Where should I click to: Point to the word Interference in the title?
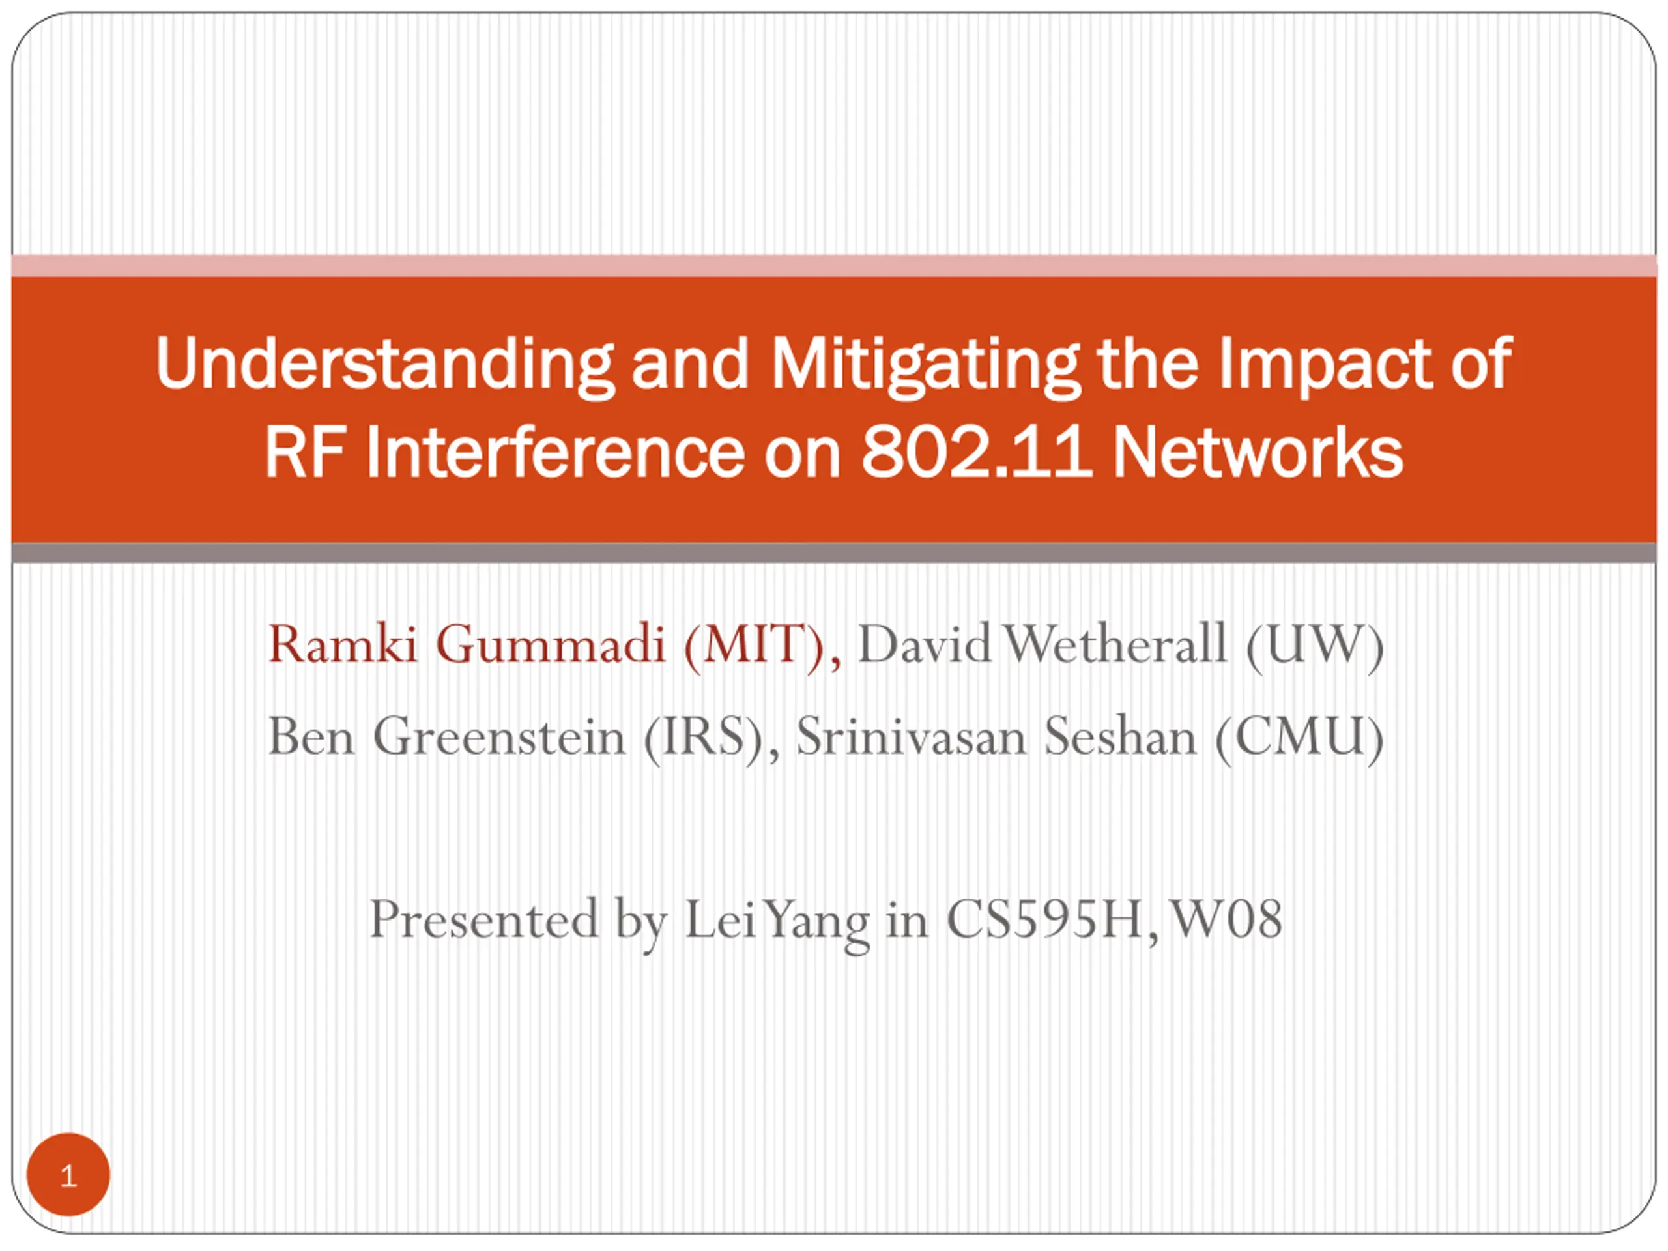pyautogui.click(x=555, y=452)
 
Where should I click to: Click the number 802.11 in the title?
pyautogui.click(x=977, y=452)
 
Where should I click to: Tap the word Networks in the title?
pyautogui.click(x=1258, y=452)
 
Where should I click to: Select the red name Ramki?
pyautogui.click(x=342, y=645)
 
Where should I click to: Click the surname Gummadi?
pyautogui.click(x=551, y=645)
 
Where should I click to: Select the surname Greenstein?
pyautogui.click(x=499, y=736)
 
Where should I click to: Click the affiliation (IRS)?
pyautogui.click(x=704, y=738)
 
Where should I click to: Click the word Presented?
pyautogui.click(x=484, y=919)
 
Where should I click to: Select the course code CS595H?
pyautogui.click(x=1044, y=920)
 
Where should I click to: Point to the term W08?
pyautogui.click(x=1226, y=920)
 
